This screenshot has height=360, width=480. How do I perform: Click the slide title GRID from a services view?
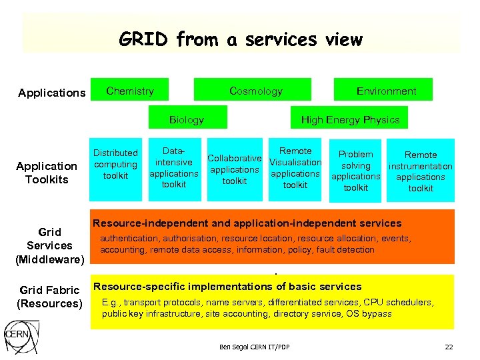(240, 40)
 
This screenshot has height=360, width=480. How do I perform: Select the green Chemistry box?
(130, 91)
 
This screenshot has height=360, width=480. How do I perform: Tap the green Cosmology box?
(255, 91)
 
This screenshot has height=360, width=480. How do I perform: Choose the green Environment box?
(386, 91)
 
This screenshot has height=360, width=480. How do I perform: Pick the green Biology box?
(187, 119)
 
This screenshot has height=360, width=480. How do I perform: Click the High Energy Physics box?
(350, 119)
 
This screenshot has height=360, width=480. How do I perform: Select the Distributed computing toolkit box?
(115, 165)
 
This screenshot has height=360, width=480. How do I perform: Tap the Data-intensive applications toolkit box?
(173, 167)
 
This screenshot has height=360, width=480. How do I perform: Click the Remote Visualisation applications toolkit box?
(295, 168)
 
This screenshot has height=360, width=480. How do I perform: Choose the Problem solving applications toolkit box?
(355, 171)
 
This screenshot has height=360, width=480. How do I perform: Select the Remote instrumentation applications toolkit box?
(421, 171)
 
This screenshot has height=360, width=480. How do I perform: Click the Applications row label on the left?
(52, 93)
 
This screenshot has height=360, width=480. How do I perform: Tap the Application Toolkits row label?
(47, 173)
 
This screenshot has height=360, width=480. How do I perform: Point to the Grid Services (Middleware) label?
(49, 245)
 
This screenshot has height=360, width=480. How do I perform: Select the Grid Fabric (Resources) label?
(49, 297)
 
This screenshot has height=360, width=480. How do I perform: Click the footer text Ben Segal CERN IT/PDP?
(254, 347)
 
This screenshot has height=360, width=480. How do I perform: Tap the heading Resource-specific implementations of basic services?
(228, 287)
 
